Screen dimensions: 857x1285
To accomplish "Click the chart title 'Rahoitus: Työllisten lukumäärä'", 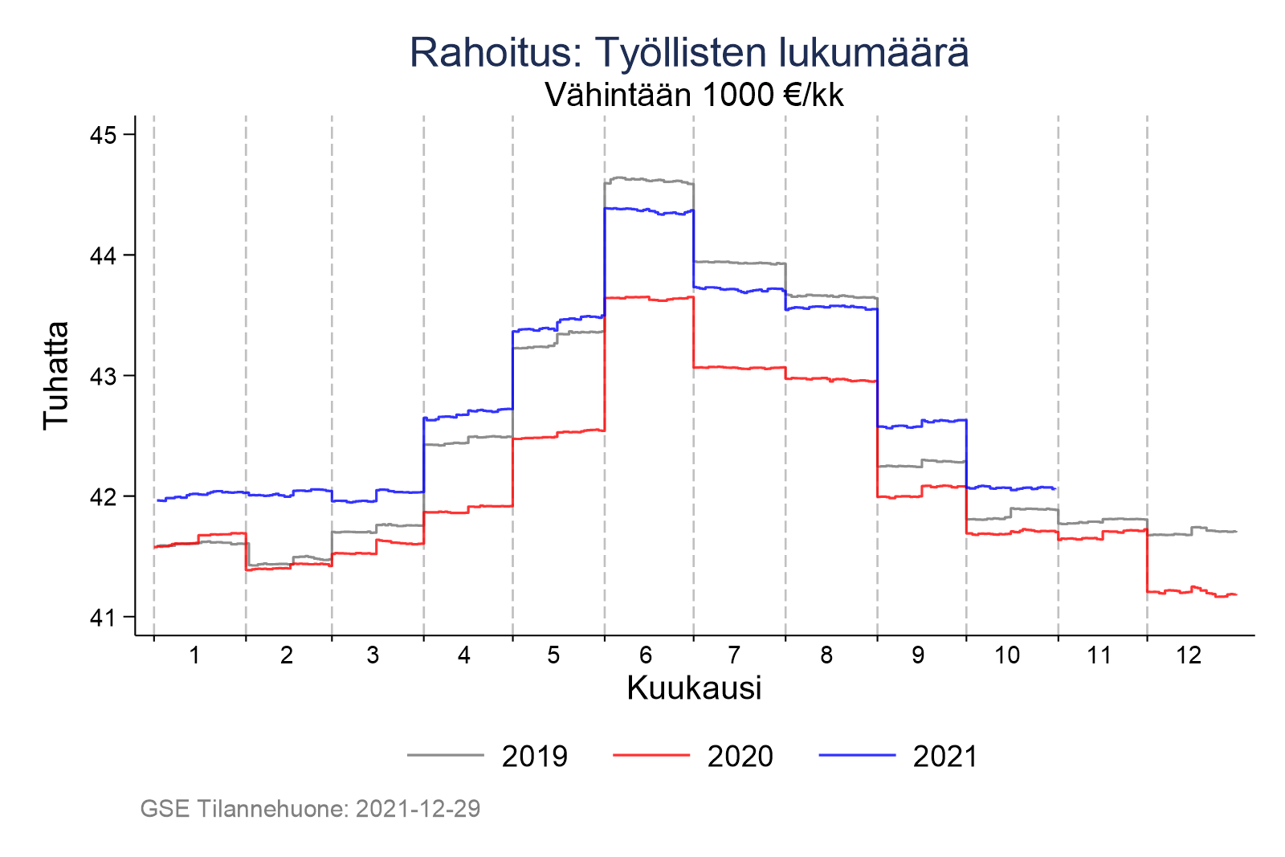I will pyautogui.click(x=689, y=53).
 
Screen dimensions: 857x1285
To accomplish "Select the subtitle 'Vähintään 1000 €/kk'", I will pyautogui.click(x=695, y=96).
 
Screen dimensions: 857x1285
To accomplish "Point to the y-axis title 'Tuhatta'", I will pyautogui.click(x=56, y=375).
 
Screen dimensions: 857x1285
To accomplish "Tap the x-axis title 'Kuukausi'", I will pyautogui.click(x=694, y=688).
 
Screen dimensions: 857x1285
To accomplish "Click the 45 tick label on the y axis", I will pyautogui.click(x=102, y=135).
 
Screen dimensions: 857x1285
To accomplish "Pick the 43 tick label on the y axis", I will pyautogui.click(x=102, y=376).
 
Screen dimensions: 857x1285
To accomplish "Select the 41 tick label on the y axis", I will pyautogui.click(x=102, y=617).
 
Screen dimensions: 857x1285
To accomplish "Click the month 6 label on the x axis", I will pyautogui.click(x=646, y=655).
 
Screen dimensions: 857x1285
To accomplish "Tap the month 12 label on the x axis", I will pyautogui.click(x=1189, y=655).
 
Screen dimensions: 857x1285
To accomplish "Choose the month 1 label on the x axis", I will pyautogui.click(x=194, y=655).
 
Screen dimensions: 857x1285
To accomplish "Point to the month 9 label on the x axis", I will pyautogui.click(x=918, y=655).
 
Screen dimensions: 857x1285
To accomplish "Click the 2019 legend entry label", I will pyautogui.click(x=535, y=757).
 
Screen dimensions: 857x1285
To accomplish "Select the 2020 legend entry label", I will pyautogui.click(x=740, y=757).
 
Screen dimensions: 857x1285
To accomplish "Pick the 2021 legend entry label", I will pyautogui.click(x=945, y=757).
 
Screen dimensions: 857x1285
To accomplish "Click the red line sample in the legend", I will pyautogui.click(x=651, y=756).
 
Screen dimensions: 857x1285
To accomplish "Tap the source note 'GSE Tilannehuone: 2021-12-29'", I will pyautogui.click(x=310, y=809).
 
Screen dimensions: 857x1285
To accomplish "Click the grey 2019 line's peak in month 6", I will pyautogui.click(x=618, y=178).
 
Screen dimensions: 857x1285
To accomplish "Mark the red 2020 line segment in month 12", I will pyautogui.click(x=1189, y=591).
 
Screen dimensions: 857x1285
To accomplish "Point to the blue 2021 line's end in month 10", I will pyautogui.click(x=1054, y=488).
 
